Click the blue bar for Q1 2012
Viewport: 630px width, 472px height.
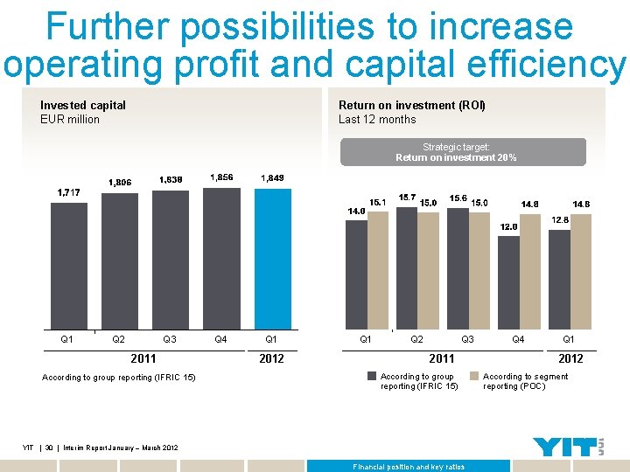pyautogui.click(x=272, y=259)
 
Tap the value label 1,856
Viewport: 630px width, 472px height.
pyautogui.click(x=221, y=177)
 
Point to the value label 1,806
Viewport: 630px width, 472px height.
pyautogui.click(x=119, y=183)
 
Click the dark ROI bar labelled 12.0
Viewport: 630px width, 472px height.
pyautogui.click(x=508, y=282)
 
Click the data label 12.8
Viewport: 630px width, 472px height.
pyautogui.click(x=560, y=220)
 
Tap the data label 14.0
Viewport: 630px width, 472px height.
pyautogui.click(x=356, y=211)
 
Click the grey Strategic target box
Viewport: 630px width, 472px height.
pyautogui.click(x=463, y=152)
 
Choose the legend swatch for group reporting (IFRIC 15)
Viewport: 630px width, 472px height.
pyautogui.click(x=373, y=377)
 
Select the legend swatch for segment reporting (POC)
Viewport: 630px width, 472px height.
pyautogui.click(x=475, y=377)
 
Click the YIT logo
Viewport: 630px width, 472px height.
pyautogui.click(x=568, y=447)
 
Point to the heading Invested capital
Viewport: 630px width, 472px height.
pyautogui.click(x=83, y=105)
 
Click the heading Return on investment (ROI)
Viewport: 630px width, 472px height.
pyautogui.click(x=411, y=105)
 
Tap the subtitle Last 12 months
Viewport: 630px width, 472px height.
pyautogui.click(x=377, y=120)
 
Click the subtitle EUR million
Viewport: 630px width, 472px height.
pyautogui.click(x=70, y=120)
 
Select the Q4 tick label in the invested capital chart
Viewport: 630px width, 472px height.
pyautogui.click(x=221, y=339)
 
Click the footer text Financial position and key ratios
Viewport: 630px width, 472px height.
pyautogui.click(x=409, y=467)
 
